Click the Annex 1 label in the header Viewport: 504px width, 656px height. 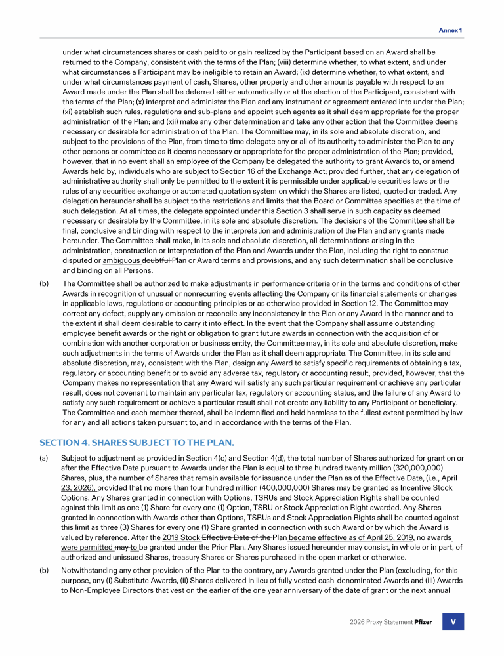coord(451,30)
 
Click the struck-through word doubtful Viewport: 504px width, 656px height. coord(157,260)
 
